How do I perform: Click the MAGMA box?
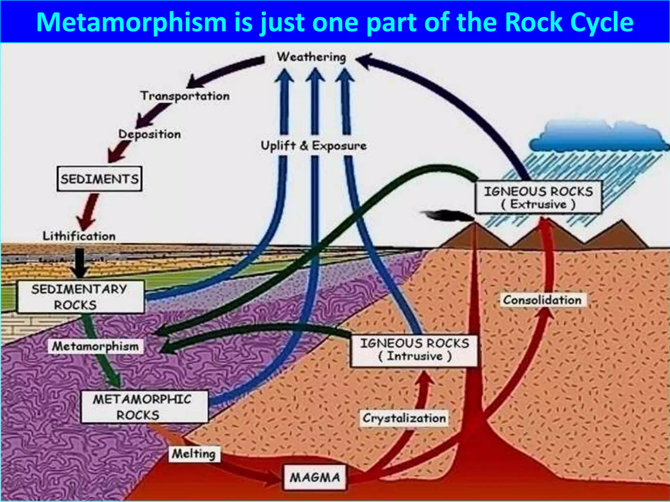315,477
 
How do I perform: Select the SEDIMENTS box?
99,179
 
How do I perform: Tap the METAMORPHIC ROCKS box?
144,407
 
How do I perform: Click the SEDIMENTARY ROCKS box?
80,297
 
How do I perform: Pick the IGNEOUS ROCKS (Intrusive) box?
414,350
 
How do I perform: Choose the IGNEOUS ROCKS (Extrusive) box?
538,197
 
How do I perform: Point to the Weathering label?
311,57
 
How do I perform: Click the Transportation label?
185,96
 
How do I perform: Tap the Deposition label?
150,134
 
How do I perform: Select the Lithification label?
79,236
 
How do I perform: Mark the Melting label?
194,454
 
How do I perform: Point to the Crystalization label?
404,418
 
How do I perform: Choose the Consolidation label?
542,300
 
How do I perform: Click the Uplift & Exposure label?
313,146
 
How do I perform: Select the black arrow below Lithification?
79,263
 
